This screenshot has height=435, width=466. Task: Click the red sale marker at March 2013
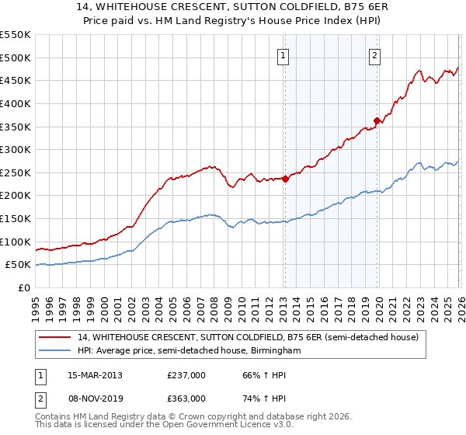pyautogui.click(x=285, y=179)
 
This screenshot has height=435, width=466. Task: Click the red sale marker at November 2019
pyautogui.click(x=377, y=120)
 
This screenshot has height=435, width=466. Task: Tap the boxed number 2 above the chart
pyautogui.click(x=374, y=55)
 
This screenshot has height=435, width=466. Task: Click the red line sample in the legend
pyautogui.click(x=56, y=338)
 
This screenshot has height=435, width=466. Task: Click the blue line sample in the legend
pyautogui.click(x=56, y=351)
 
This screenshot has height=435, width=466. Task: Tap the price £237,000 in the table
pyautogui.click(x=186, y=374)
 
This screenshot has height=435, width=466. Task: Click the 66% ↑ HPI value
pyautogui.click(x=257, y=374)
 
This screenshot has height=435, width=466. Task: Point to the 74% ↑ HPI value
pyautogui.click(x=257, y=398)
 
